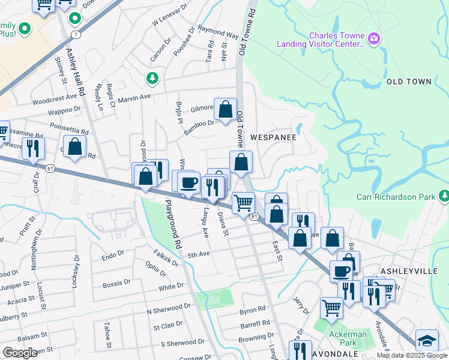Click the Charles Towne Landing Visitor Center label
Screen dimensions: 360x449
tap(320, 40)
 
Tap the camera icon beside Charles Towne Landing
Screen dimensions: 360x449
tap(374, 39)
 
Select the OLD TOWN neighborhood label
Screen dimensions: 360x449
tap(409, 81)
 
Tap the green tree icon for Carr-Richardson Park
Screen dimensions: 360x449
tap(444, 196)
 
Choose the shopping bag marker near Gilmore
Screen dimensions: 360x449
tap(225, 110)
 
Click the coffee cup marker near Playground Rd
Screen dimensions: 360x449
tap(188, 182)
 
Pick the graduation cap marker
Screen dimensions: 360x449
tap(427, 341)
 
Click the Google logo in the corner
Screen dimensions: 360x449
tap(20, 353)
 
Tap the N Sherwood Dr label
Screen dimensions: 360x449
tap(169, 308)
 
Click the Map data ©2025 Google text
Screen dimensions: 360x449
tap(411, 355)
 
